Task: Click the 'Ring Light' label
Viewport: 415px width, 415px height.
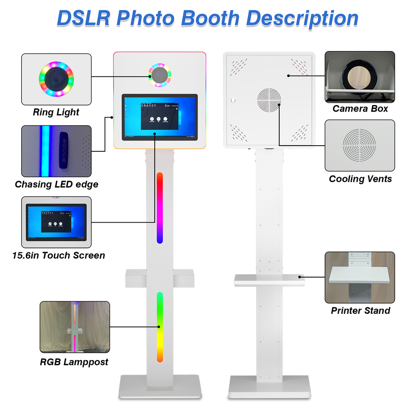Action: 56,112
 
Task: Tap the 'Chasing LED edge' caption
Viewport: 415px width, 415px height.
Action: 57,185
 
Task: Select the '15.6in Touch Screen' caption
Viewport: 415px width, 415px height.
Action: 59,255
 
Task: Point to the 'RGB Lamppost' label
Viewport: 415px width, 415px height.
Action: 74,362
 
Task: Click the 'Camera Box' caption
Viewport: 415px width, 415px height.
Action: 360,109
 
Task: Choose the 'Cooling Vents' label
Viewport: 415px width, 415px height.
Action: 360,179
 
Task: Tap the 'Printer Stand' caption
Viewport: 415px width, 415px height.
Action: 360,310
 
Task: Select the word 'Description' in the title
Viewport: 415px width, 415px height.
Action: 302,18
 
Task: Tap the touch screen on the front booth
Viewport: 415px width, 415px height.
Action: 160,117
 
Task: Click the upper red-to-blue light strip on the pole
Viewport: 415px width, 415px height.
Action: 160,208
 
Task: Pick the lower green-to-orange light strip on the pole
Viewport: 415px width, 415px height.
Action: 160,327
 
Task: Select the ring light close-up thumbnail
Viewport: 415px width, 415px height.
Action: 56,79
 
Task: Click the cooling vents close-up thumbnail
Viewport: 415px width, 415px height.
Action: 360,145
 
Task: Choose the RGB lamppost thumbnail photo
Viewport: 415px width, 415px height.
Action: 74,327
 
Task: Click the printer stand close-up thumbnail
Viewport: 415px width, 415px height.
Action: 360,277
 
